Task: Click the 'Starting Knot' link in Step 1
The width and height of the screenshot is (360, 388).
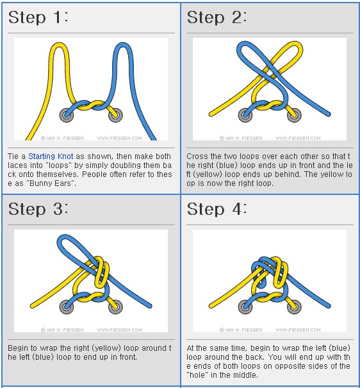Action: pos(51,156)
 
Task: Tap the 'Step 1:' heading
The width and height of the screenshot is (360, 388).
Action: pos(38,17)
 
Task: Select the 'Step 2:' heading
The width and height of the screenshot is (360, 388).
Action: pos(217,17)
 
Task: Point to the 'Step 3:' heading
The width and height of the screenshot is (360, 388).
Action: pos(38,209)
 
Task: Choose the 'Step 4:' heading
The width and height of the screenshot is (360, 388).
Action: pos(217,209)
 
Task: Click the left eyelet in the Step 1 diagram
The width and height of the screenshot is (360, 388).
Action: pos(67,115)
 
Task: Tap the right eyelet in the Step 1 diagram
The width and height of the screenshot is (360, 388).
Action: pos(115,115)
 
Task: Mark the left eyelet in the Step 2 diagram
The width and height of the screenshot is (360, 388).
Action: pos(245,115)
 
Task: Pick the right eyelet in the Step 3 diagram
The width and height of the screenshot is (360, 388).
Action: pos(115,307)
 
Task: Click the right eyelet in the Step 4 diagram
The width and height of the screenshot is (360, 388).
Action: pos(294,307)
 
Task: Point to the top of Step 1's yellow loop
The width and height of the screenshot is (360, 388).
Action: pos(59,44)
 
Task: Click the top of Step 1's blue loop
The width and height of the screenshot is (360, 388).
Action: pos(122,44)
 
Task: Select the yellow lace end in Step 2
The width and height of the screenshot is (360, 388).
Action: pos(211,114)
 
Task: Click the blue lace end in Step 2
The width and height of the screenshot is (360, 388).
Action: pos(329,114)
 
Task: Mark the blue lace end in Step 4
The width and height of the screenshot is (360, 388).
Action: pos(329,307)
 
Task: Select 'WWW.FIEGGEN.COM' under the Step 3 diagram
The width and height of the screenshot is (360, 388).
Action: pos(120,330)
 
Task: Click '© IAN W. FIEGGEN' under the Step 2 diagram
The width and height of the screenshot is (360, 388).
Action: pos(241,138)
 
